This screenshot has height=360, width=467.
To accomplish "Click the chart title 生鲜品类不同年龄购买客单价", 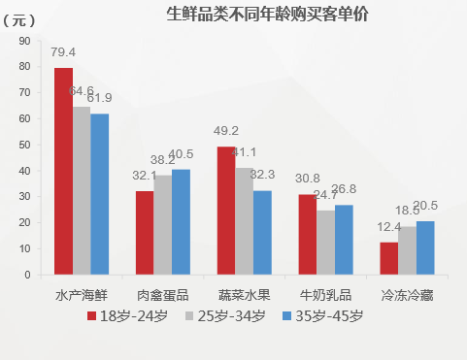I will tap(262, 15).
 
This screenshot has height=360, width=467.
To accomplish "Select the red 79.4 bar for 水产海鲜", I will tap(63, 171).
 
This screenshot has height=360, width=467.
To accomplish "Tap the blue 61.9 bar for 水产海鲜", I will tap(100, 194).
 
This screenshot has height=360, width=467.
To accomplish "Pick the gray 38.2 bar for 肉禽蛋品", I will tap(163, 224).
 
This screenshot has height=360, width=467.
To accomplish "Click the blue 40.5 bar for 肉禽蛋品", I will tap(181, 221).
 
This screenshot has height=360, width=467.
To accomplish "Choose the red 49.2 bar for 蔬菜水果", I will tap(225, 211).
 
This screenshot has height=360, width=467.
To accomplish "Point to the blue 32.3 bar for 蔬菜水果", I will tap(262, 232).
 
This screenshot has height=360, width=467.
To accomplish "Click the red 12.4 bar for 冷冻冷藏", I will tap(388, 258).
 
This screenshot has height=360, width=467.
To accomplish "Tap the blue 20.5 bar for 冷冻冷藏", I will tap(425, 247).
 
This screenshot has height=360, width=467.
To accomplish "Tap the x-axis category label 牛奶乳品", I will tap(325, 295).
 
